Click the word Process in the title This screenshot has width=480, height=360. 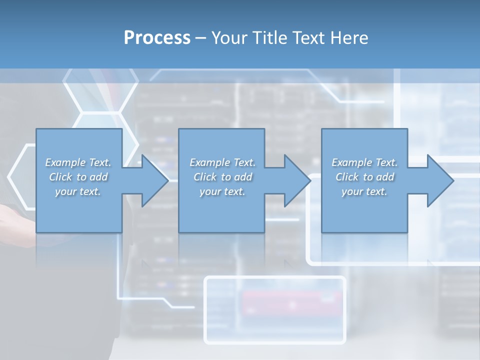[x=157, y=38]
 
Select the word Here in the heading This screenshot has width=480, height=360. [x=349, y=37]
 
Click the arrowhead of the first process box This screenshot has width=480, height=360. [x=155, y=180]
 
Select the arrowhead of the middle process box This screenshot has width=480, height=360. [x=297, y=180]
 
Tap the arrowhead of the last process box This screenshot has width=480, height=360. [x=440, y=180]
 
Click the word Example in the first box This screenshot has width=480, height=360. [x=65, y=162]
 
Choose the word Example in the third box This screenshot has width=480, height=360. [x=352, y=162]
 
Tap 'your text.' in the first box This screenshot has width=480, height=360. [x=78, y=192]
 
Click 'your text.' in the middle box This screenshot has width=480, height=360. [x=222, y=192]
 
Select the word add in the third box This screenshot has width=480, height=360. [x=385, y=177]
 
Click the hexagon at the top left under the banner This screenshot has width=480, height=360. [x=100, y=91]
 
